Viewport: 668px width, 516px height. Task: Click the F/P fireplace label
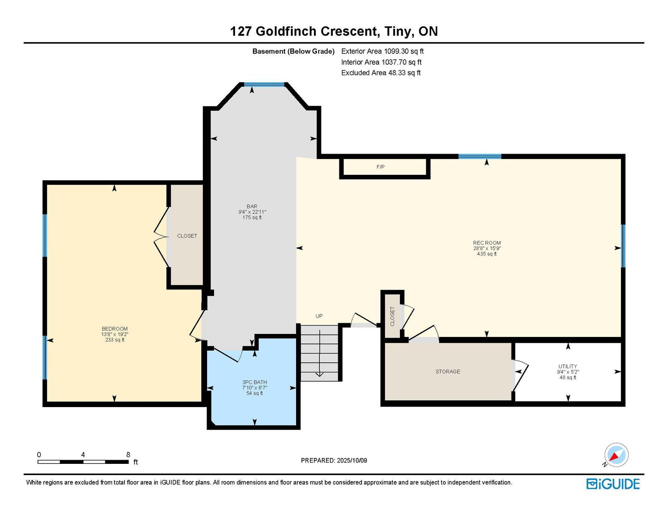pos(380,167)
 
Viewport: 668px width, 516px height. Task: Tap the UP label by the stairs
pos(319,316)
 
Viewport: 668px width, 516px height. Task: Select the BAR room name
pos(252,206)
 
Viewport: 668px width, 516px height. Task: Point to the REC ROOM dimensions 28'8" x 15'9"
pos(487,248)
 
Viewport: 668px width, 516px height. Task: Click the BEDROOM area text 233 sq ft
pos(115,340)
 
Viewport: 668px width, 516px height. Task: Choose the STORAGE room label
pos(448,372)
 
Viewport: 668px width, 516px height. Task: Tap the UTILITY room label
pos(567,366)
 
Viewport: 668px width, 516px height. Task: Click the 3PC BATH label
pos(255,382)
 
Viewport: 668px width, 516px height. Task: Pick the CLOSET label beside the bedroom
pos(187,236)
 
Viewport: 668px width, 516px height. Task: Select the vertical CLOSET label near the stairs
pos(392,316)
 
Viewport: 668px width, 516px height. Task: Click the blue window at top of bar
pos(264,84)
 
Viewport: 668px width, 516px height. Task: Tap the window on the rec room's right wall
pos(623,246)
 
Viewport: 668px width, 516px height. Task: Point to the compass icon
pos(616,455)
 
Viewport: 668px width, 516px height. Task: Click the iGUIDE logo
pos(613,484)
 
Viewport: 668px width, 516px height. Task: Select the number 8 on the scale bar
pos(128,455)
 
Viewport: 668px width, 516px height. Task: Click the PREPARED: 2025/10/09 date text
pos(334,460)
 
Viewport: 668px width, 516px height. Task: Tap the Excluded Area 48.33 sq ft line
pos(381,73)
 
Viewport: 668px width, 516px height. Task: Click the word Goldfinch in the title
pos(286,31)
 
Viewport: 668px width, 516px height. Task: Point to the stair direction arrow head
pos(319,374)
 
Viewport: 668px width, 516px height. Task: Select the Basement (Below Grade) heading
pos(293,51)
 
